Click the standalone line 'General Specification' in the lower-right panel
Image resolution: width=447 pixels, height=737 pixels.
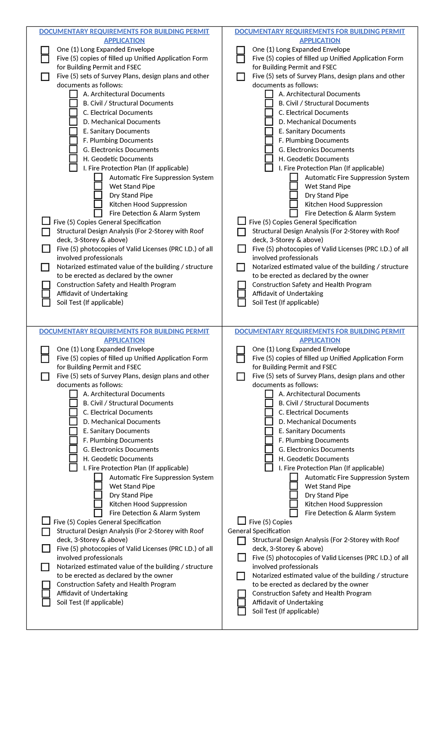point(259,531)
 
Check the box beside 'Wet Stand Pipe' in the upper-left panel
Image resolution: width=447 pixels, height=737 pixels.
point(98,186)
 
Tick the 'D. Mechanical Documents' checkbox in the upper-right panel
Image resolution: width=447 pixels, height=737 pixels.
point(269,121)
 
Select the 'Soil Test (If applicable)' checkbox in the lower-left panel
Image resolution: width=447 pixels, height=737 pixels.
point(46,602)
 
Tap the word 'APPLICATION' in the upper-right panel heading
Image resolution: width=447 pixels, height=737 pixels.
point(320,40)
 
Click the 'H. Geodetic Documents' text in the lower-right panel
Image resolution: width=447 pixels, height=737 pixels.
point(314,459)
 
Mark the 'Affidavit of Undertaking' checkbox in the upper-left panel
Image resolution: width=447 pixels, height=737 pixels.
point(46,294)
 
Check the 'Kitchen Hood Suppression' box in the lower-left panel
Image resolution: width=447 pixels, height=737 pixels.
point(98,504)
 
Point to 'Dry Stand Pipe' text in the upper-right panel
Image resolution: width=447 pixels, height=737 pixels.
point(326,195)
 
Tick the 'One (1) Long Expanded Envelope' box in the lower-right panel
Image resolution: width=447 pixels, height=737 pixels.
point(241,350)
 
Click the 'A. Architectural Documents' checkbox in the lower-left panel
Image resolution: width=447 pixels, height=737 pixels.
point(73,393)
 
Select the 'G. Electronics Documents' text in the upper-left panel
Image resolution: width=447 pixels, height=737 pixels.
point(121,150)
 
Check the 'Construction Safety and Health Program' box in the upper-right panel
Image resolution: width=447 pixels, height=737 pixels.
point(242,285)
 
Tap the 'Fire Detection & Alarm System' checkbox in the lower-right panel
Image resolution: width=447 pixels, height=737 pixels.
point(294,513)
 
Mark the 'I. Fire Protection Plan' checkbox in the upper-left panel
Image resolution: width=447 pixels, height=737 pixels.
point(73,167)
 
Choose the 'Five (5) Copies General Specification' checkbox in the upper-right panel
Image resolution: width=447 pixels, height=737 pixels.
point(242,221)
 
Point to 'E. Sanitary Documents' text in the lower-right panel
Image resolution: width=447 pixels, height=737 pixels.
point(312,431)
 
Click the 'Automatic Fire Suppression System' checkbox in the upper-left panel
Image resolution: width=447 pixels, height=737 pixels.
point(98,177)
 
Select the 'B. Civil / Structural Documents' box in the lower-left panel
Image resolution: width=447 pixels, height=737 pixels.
point(73,403)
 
